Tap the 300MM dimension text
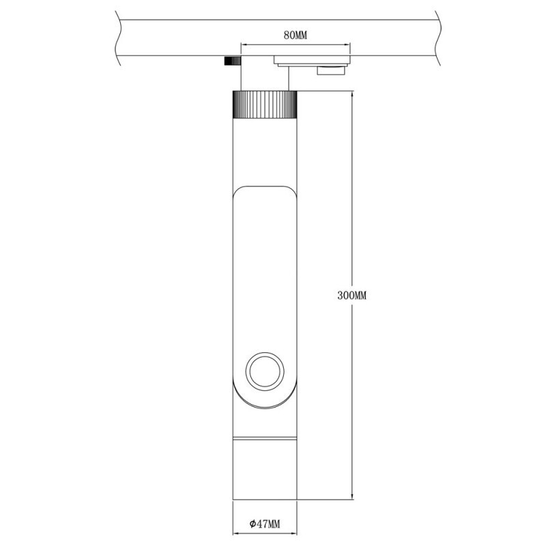352,296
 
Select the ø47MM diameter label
265,523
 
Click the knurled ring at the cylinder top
265,104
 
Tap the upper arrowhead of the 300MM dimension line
351,96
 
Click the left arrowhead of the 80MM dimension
243,47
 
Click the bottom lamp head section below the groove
265,471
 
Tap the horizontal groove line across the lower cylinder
265,437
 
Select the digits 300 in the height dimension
347,296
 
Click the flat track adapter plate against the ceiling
312,59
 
